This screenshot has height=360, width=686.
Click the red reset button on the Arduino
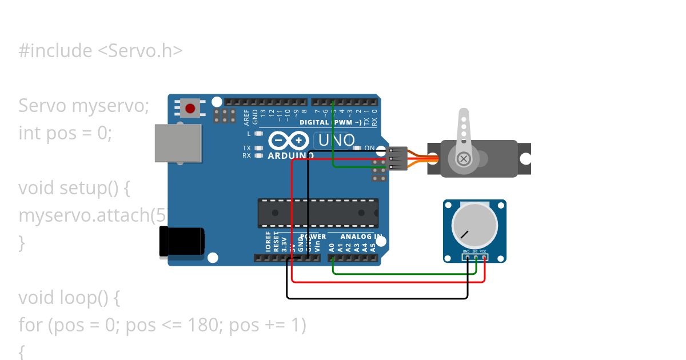point(190,107)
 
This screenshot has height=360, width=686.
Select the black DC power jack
point(182,241)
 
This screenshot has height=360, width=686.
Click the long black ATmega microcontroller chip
point(318,213)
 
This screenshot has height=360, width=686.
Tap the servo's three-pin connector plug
point(398,159)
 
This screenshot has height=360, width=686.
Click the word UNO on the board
point(336,140)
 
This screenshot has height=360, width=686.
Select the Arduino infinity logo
point(289,141)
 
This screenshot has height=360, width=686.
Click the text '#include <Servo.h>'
point(101,51)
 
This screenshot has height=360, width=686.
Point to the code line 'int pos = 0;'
point(65,133)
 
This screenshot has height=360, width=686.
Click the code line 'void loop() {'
point(69,298)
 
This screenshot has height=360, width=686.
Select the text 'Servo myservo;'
point(83,106)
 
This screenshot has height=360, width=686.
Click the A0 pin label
point(332,247)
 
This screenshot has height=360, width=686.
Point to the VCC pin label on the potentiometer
point(483,251)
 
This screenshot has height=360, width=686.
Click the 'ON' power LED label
point(369,148)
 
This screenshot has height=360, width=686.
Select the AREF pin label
point(247,117)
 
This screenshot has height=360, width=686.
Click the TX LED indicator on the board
point(258,148)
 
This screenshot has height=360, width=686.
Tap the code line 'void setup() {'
point(74,188)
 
